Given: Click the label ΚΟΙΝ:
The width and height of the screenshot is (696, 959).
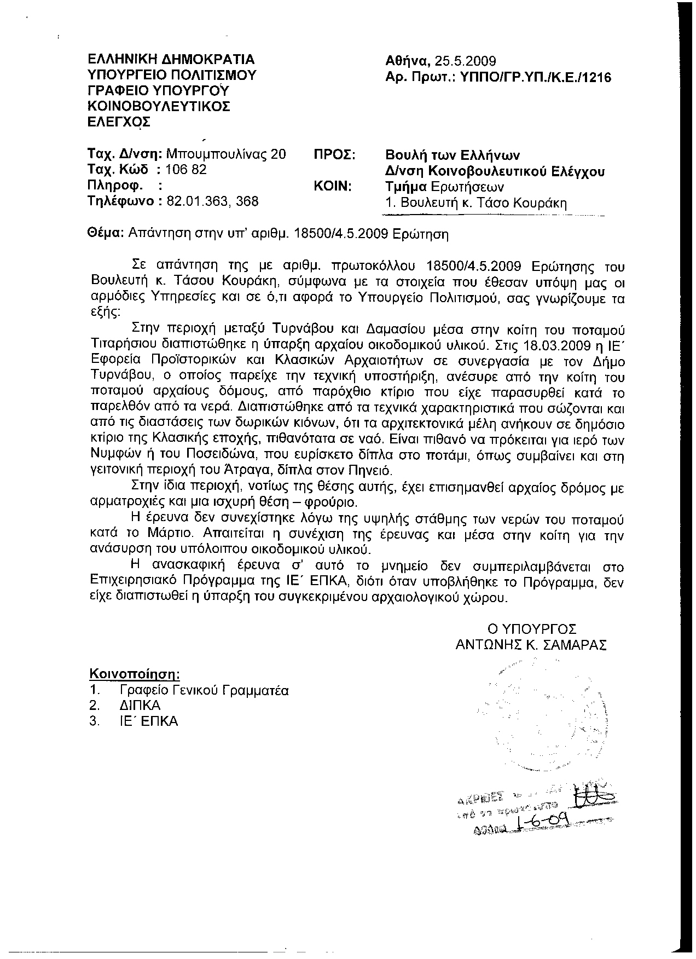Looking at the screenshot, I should (x=332, y=186).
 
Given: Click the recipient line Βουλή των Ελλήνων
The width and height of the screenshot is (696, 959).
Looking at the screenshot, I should (x=453, y=155).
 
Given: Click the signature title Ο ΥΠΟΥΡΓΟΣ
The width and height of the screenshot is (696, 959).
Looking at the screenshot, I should (x=532, y=629).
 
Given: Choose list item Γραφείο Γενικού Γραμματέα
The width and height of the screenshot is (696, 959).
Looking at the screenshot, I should (x=204, y=690).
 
